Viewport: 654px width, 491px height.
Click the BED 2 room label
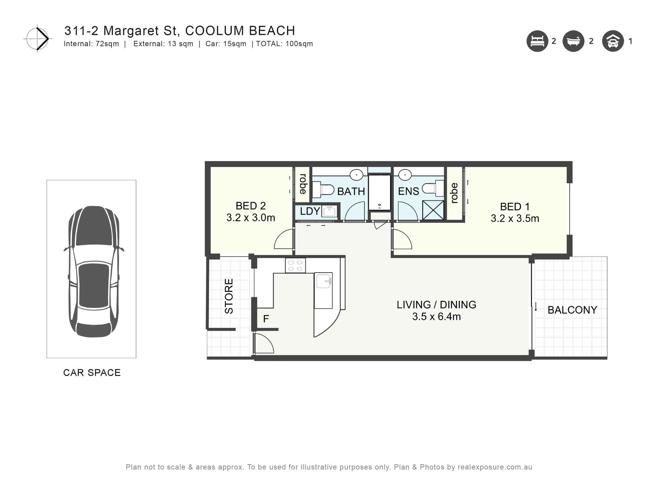coord(250,206)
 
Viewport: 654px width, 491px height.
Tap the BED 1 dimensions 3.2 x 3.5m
coord(515,218)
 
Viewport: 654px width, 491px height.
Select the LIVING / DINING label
coord(436,305)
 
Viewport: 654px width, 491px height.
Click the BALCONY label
coord(572,310)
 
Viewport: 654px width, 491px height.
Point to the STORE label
coord(229,296)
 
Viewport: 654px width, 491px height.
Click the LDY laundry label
coord(309,211)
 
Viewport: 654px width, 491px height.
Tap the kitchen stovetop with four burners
coord(295,265)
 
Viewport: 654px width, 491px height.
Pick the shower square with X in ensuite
coord(433,210)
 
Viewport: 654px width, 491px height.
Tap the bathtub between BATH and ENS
coord(379,192)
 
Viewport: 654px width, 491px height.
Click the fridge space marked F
coord(266,318)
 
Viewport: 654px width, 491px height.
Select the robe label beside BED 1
coord(454,193)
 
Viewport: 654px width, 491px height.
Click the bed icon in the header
coord(537,41)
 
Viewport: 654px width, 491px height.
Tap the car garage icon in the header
coord(613,41)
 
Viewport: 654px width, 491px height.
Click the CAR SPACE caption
coord(92,373)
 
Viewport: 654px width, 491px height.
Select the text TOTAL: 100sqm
coord(284,44)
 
